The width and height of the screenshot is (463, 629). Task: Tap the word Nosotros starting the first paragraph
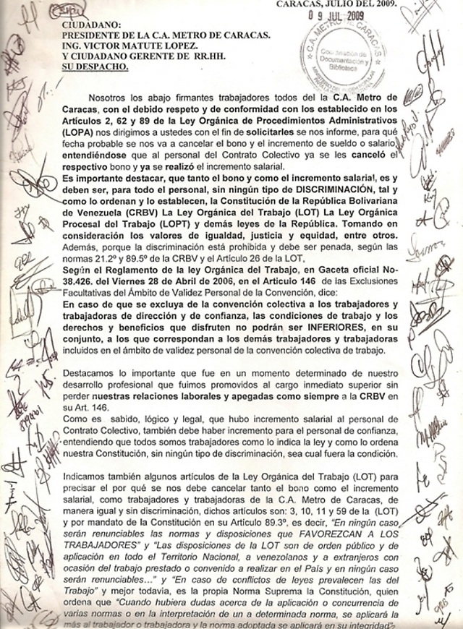coord(108,98)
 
